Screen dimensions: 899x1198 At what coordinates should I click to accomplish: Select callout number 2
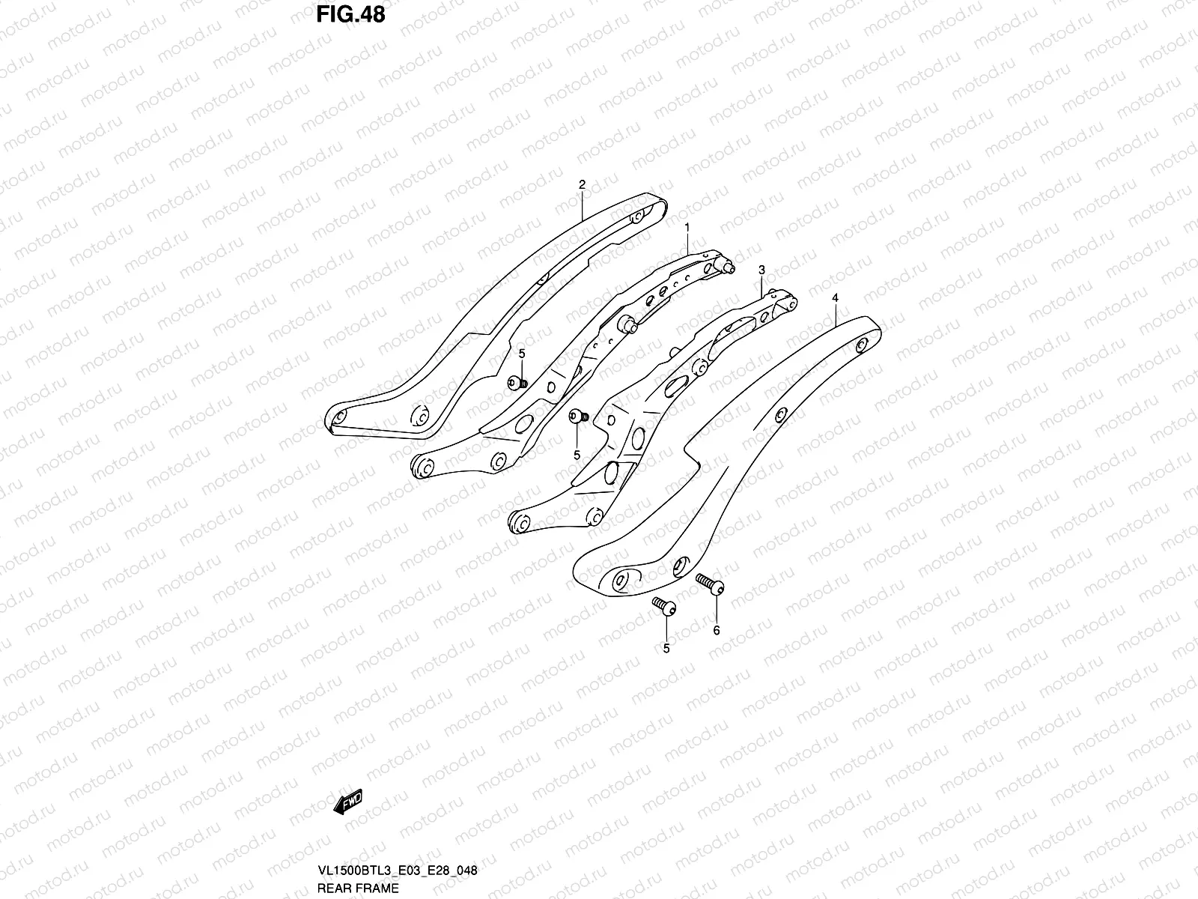(582, 184)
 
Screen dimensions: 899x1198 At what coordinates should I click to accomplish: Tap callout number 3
(761, 270)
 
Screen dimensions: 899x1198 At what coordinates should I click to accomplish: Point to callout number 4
(835, 298)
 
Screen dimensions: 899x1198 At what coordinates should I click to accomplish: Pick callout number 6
(716, 631)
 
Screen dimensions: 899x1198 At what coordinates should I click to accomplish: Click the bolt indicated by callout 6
(710, 582)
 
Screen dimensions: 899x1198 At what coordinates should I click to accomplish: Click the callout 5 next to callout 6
(666, 649)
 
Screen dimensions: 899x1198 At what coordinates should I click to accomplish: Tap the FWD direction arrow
(348, 802)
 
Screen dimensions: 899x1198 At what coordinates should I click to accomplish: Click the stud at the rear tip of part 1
(728, 266)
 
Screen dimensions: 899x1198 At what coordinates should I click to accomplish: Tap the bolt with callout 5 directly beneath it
(578, 417)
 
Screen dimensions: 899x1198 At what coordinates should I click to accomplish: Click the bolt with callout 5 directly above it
(517, 383)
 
